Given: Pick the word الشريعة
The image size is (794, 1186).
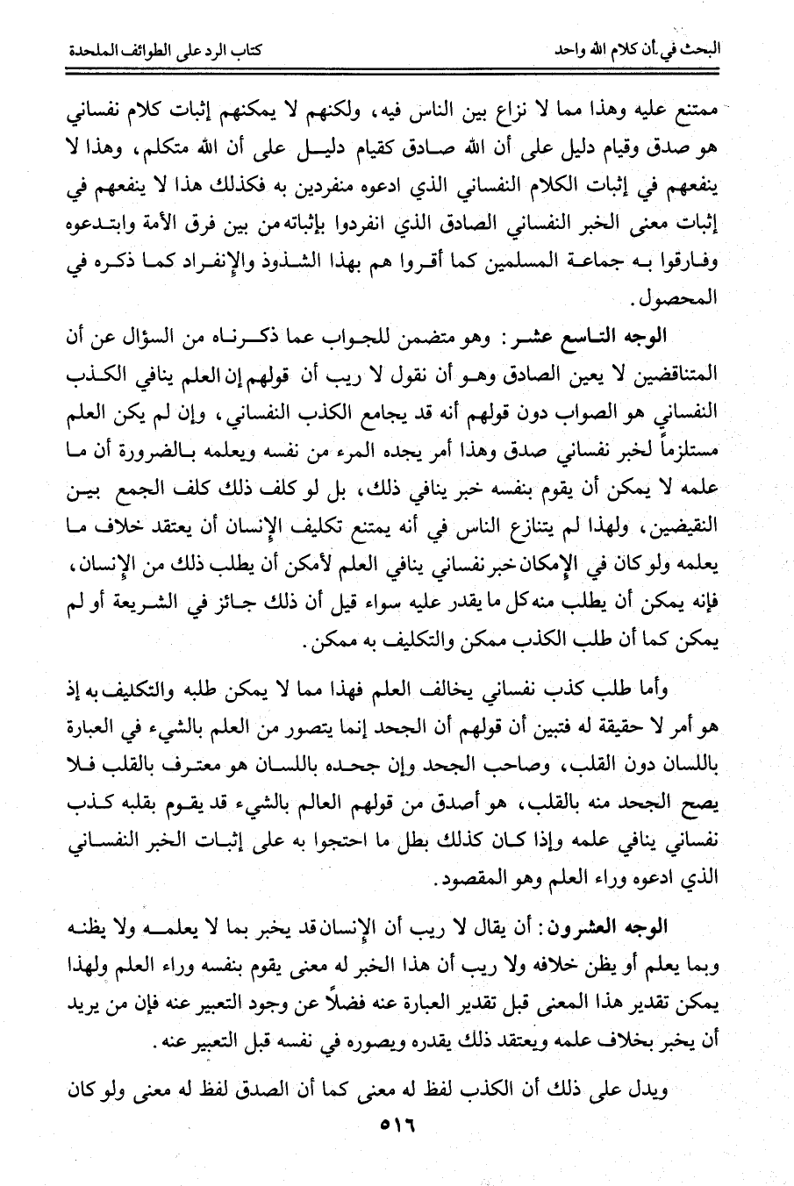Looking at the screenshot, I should (x=241, y=604).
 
